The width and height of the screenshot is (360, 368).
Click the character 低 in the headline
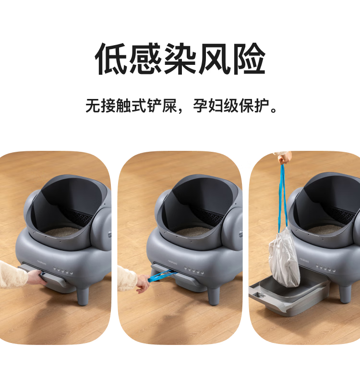pyautogui.click(x=111, y=59)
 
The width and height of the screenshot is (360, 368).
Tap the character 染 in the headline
pyautogui.click(x=180, y=59)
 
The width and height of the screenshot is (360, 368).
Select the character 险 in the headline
pyautogui.click(x=249, y=59)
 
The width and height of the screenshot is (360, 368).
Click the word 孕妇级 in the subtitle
pyautogui.click(x=216, y=106)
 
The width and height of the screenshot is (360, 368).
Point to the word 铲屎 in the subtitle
pyautogui.click(x=162, y=106)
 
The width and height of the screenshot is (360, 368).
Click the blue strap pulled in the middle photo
pyautogui.click(x=161, y=276)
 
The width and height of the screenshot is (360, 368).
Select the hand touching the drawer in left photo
pyautogui.click(x=37, y=277)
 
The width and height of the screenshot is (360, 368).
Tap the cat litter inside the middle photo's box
pyautogui.click(x=194, y=232)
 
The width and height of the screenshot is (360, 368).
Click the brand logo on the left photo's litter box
pyautogui.click(x=41, y=262)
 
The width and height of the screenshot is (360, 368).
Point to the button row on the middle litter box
pyautogui.click(x=194, y=270)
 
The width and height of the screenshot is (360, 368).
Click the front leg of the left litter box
pyautogui.click(x=83, y=296)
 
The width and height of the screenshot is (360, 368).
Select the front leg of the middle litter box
pyautogui.click(x=214, y=296)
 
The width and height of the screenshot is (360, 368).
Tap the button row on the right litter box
pyautogui.click(x=325, y=268)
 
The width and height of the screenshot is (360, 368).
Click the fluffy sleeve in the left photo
pyautogui.click(x=13, y=275)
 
